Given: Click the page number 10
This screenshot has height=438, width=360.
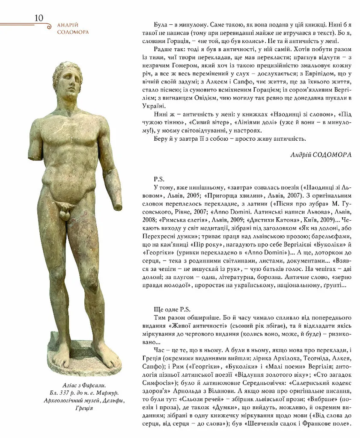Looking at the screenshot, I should pyautogui.click(x=39, y=18).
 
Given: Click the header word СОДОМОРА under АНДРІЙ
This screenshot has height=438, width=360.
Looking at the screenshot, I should pyautogui.click(x=73, y=32).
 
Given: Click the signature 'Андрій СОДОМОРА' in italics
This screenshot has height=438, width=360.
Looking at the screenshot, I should pyautogui.click(x=321, y=154).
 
